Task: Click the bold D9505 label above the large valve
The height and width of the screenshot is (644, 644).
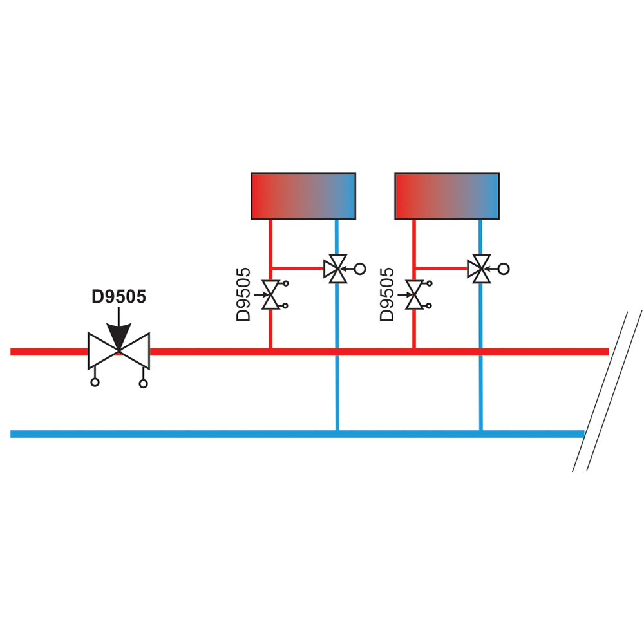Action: (x=118, y=296)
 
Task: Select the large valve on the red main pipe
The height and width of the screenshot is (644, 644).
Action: (x=118, y=351)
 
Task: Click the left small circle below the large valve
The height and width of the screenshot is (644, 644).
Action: (x=95, y=383)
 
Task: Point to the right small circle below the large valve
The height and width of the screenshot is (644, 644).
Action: (x=144, y=384)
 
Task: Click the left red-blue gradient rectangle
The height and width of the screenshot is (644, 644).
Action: (x=303, y=196)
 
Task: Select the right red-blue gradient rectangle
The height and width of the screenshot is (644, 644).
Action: (x=448, y=196)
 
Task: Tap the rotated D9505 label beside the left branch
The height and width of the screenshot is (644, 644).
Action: (x=243, y=294)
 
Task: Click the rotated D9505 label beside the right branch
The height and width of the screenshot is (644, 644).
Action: (x=387, y=294)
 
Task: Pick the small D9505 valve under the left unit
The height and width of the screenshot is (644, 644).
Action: (x=270, y=294)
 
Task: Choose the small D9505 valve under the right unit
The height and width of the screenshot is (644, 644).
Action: (x=414, y=294)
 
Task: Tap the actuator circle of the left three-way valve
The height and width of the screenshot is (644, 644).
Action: (x=360, y=269)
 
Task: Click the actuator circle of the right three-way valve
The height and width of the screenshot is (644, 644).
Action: (x=504, y=269)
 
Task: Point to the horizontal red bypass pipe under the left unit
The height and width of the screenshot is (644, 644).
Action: (x=298, y=269)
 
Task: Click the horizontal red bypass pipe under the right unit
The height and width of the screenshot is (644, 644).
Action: (x=442, y=269)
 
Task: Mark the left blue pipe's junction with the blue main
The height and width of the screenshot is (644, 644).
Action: (x=337, y=433)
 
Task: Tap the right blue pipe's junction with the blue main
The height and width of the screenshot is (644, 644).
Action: (x=481, y=433)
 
